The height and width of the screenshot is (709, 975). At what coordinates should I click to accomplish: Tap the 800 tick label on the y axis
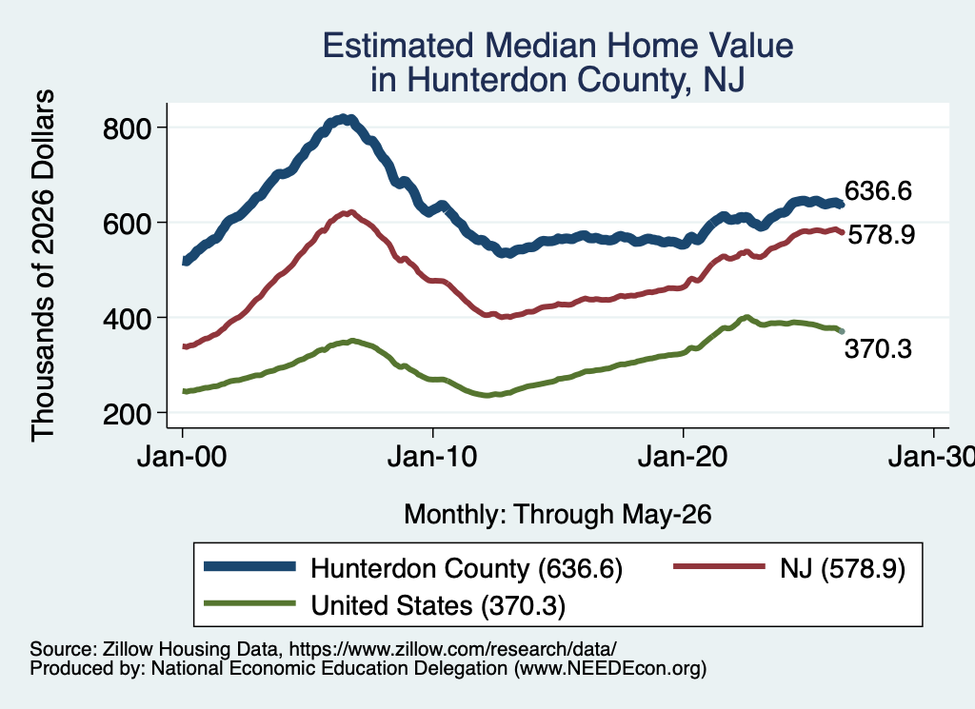127,128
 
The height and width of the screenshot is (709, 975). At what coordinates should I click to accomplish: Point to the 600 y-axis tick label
127,224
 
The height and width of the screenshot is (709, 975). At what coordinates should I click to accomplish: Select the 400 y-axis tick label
127,319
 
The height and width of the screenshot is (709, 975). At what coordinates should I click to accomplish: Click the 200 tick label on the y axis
127,414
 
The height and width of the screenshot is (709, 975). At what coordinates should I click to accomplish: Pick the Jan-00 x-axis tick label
182,457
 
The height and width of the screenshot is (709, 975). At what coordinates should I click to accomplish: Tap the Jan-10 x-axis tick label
432,457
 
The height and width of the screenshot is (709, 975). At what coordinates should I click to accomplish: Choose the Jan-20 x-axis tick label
683,457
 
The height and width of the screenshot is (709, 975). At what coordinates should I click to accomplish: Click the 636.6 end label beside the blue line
878,190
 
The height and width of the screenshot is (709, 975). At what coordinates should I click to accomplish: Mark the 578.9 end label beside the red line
882,234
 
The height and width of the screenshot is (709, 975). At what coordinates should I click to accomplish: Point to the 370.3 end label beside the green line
878,348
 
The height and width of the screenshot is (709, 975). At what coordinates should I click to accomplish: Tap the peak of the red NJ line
350,212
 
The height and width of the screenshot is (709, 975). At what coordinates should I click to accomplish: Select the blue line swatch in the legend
250,566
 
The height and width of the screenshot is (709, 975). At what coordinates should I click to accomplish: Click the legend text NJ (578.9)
843,568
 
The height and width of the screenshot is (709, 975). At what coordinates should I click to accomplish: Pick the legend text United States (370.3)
438,605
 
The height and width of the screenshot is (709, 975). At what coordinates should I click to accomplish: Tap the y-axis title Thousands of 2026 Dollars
43,266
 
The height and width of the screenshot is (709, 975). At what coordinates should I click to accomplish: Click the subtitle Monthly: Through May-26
558,515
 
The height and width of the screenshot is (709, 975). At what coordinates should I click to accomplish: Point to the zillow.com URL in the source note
452,649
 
